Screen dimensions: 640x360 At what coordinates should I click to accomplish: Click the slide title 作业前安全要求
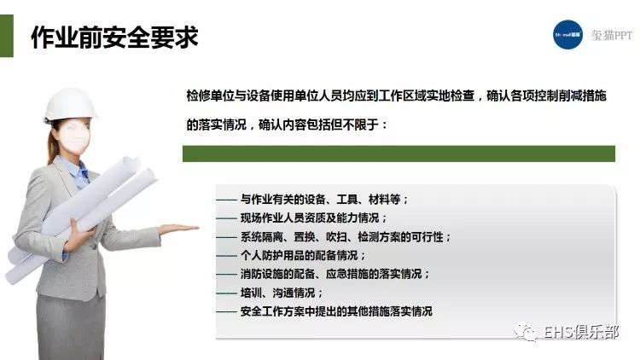(x=114, y=38)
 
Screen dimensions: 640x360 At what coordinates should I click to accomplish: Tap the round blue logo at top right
(x=567, y=35)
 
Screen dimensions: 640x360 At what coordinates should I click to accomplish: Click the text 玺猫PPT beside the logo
(x=612, y=36)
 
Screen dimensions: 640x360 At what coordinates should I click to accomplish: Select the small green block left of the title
(x=7, y=36)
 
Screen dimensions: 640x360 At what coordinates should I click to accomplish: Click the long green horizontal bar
(x=399, y=154)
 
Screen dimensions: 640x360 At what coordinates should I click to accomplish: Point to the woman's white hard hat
(x=70, y=104)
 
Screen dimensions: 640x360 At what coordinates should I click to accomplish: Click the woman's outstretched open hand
(x=178, y=229)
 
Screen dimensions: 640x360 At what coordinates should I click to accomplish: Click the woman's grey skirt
(x=72, y=327)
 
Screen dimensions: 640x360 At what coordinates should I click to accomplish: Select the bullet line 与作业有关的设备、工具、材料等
(x=324, y=200)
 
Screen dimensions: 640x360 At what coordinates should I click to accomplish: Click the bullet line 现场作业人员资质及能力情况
(x=313, y=218)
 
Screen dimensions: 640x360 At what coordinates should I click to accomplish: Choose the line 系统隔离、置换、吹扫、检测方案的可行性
(x=346, y=237)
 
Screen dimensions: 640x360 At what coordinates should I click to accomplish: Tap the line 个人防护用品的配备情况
(x=303, y=256)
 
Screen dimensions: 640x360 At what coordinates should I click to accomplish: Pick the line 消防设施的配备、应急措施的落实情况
(x=335, y=274)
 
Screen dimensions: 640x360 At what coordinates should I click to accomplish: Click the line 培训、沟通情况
(x=282, y=293)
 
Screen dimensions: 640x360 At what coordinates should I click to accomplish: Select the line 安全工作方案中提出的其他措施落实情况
(x=336, y=311)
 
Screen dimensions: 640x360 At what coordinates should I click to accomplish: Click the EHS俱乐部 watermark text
(x=581, y=332)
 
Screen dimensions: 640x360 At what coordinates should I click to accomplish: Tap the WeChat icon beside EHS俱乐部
(x=526, y=332)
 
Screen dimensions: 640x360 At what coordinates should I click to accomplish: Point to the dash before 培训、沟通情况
(x=226, y=293)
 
